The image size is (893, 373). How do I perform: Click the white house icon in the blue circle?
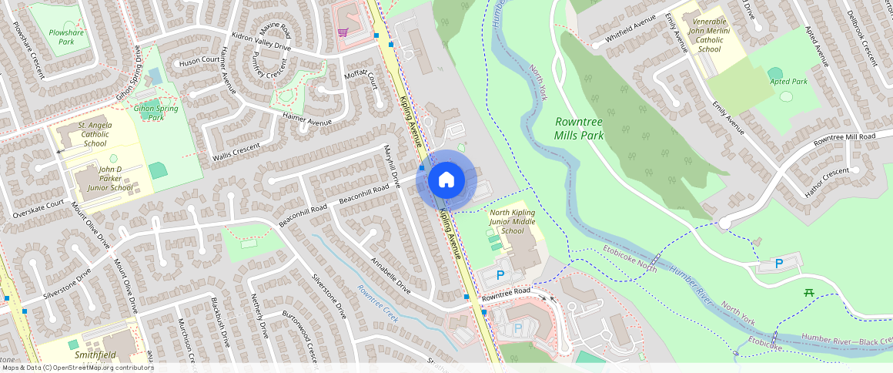click(446, 180)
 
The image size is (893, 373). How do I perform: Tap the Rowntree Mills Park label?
click(579, 128)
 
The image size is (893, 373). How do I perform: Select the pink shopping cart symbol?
click(343, 32)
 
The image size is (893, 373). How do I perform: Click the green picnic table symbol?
click(808, 292)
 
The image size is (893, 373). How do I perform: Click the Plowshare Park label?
click(66, 37)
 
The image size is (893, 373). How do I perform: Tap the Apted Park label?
click(788, 81)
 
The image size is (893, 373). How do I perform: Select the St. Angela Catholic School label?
click(95, 134)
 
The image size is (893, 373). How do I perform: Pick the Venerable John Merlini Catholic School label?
click(710, 35)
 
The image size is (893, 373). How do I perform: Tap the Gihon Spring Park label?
click(156, 113)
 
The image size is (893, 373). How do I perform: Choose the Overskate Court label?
click(38, 209)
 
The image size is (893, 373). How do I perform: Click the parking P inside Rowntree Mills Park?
click(779, 264)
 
